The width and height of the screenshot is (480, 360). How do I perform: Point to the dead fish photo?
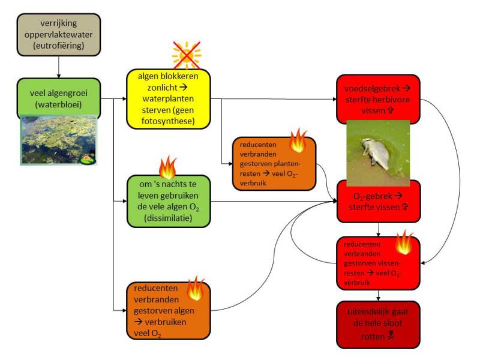coord(377,152)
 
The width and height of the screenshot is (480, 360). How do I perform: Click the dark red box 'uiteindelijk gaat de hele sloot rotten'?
coord(378,324)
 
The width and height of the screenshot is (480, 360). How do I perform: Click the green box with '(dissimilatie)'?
coord(168,201)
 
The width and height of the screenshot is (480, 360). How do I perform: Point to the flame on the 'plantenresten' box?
coord(298,141)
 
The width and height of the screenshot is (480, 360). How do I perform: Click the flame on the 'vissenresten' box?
coord(404,243)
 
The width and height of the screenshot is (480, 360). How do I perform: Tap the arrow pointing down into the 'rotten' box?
coord(378,295)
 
